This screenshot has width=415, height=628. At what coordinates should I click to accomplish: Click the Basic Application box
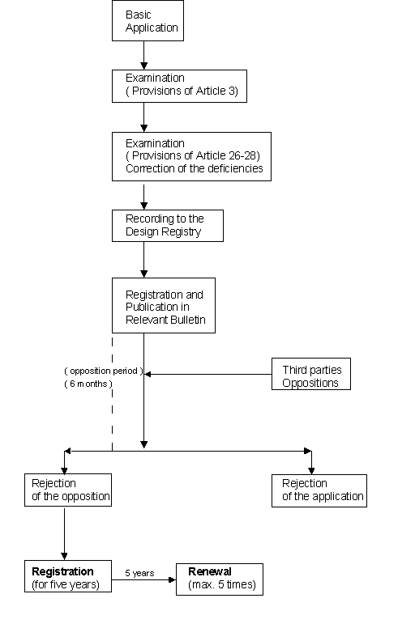coord(148,20)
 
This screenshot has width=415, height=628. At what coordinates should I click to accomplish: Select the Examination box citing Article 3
coord(179,86)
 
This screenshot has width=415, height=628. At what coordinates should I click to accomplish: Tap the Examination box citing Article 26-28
coord(191,156)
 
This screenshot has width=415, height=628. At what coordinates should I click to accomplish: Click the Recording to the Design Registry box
coord(168,226)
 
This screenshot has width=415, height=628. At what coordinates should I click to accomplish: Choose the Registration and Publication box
coord(164,306)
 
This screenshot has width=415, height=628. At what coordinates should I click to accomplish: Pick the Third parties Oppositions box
coord(311,374)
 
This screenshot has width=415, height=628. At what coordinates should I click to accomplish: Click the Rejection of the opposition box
coord(68,490)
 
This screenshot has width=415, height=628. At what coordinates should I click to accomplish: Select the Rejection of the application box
coord(319,490)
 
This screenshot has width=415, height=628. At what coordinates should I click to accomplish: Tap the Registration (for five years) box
coord(68,576)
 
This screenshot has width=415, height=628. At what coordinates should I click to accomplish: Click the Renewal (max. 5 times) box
coord(220,579)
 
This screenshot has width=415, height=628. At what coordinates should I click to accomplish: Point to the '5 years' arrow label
coord(139,573)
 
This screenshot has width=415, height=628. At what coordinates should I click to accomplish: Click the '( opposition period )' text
coord(104,371)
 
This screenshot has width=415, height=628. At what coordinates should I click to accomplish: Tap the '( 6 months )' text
coord(88,384)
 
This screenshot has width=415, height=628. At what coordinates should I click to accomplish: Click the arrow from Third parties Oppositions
coord(207,374)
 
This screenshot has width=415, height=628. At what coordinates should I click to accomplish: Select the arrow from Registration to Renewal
coord(143,579)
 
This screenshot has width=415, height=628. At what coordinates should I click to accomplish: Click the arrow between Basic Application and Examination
coord(144,55)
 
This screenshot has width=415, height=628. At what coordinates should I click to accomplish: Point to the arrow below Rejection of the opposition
coord(64,533)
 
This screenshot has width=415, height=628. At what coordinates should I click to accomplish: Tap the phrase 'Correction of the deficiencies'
coord(195,168)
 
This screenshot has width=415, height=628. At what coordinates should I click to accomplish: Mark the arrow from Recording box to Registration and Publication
coord(144,260)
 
